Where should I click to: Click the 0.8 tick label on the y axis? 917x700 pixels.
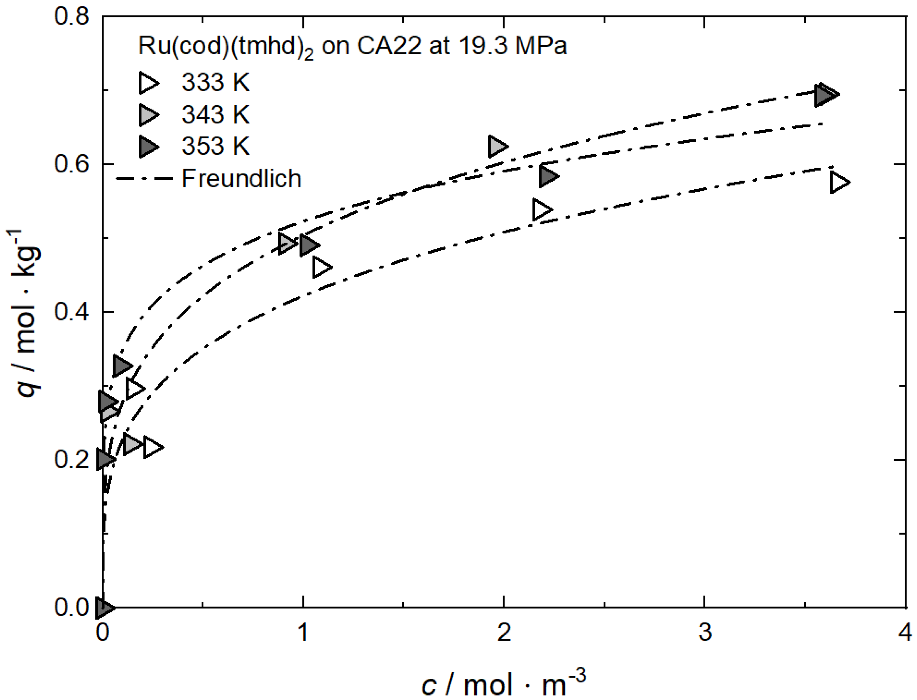[72, 18]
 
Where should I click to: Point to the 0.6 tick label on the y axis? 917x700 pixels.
[72, 165]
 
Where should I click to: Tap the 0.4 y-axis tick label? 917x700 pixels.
[72, 312]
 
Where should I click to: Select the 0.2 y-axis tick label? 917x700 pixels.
[72, 460]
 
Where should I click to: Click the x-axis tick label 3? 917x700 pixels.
[705, 632]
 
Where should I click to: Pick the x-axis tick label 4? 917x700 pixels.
[905, 632]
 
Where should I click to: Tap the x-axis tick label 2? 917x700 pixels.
[504, 632]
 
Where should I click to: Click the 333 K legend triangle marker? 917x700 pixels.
[148, 83]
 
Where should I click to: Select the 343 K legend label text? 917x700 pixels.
[215, 114]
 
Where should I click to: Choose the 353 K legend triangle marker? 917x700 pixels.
[148, 146]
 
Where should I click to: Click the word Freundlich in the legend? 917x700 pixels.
[241, 179]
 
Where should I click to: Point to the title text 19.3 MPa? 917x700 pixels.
[513, 46]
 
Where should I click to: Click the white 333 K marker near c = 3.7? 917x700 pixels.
[839, 182]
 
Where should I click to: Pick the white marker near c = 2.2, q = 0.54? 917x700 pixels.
[542, 209]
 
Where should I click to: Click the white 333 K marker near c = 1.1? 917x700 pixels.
[321, 267]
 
